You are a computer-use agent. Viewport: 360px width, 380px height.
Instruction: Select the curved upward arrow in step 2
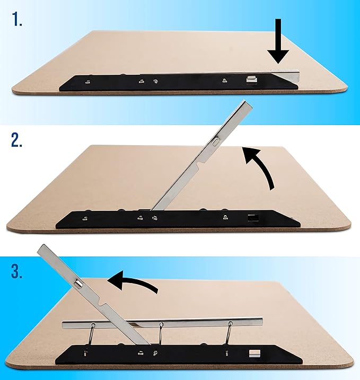[x=260, y=167]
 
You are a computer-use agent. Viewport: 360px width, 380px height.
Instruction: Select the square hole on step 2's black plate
[x=251, y=217]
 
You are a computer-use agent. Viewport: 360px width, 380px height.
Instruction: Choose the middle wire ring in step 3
[x=161, y=334]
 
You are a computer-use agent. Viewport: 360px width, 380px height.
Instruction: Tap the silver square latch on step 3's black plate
[x=253, y=352]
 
